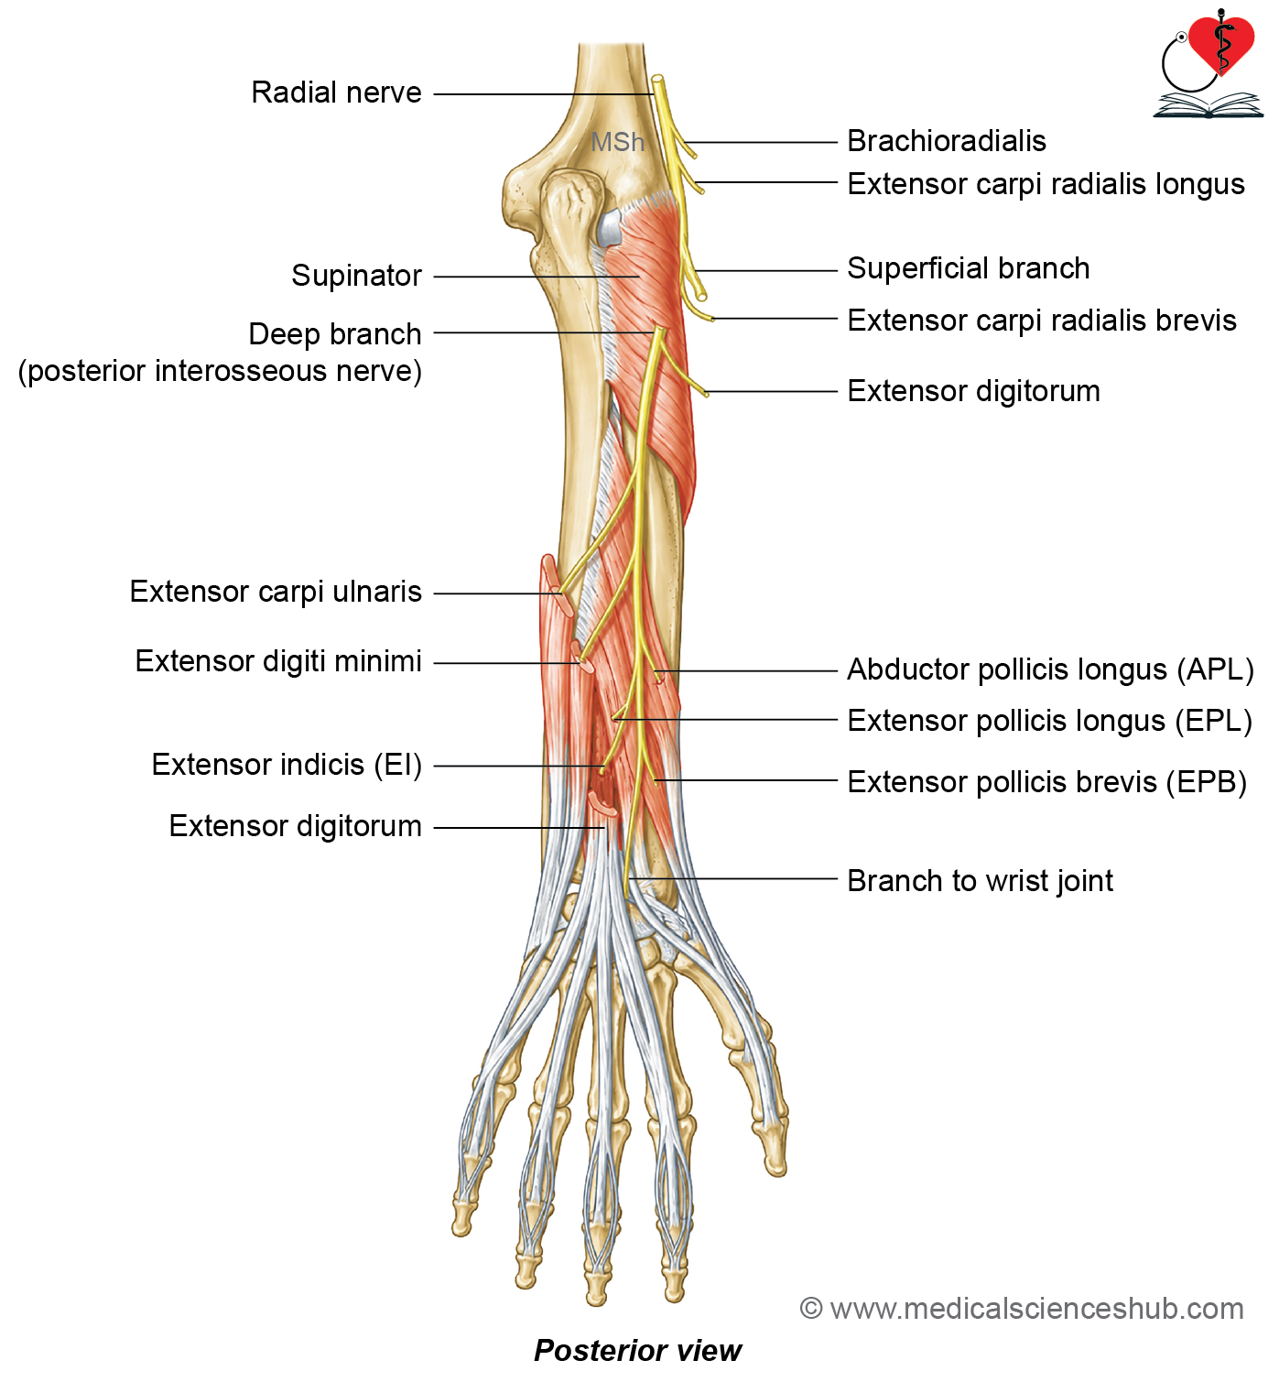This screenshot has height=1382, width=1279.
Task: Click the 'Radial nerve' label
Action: coord(336,92)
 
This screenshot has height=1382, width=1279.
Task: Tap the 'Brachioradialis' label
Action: coord(947,141)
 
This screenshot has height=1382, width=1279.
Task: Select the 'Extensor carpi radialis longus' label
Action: coord(1046,184)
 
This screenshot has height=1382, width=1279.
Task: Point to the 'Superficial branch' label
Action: coord(968,268)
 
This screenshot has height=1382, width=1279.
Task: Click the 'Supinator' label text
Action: coord(356,276)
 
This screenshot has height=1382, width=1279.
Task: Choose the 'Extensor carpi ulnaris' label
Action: coord(276,592)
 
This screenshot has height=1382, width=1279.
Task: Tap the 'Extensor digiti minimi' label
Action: coord(278,661)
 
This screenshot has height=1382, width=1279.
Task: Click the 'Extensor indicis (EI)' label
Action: coord(287,765)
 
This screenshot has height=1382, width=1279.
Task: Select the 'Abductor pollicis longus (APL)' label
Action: coord(1050,669)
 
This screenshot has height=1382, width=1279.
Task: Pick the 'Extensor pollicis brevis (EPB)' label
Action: coord(1046,782)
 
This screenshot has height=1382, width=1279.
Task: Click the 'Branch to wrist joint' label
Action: coord(980,881)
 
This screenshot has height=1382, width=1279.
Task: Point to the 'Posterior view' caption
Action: coord(637,1351)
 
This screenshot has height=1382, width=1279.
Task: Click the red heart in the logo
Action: coord(1220,43)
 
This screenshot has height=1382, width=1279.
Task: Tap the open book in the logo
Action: coord(1208,105)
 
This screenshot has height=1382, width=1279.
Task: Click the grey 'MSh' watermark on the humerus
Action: coord(617,142)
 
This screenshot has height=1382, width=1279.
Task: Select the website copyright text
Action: coord(1022,1309)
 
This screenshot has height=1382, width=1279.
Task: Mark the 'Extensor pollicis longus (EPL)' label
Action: coord(1049,721)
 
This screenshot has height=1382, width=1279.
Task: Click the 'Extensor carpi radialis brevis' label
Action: coord(1042,321)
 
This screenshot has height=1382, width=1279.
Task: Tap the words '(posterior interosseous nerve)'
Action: coord(220,371)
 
